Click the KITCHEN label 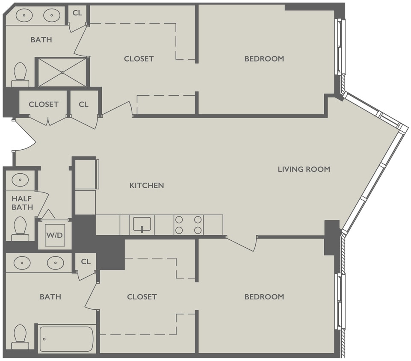coord(147,185)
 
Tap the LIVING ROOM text coord(304,169)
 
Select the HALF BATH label coord(22,203)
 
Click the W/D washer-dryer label coord(55,235)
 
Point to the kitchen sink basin coord(142,224)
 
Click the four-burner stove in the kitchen coord(188,225)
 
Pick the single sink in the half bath coord(20,180)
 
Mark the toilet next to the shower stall coord(20,73)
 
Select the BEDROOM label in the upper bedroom coord(264,59)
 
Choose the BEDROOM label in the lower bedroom coord(264,296)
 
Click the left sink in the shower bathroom coord(24,16)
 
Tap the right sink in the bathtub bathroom coord(55,263)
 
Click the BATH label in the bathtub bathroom coord(50,296)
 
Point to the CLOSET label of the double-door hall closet coord(44,104)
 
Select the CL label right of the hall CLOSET coord(83,104)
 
